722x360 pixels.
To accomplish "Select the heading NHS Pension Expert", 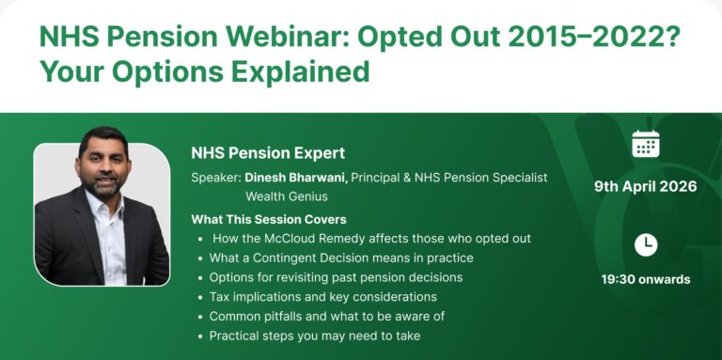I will [x=268, y=152].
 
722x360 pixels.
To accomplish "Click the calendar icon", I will [x=645, y=144].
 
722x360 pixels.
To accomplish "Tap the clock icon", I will [x=645, y=244].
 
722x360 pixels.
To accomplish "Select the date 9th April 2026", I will [x=645, y=186].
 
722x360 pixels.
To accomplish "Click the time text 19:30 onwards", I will [x=645, y=279].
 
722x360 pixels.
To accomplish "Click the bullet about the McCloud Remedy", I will [x=371, y=239].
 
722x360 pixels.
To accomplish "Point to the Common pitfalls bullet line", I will [x=326, y=316].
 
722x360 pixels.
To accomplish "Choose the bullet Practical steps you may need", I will [x=314, y=336].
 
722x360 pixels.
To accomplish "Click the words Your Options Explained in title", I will [x=204, y=71].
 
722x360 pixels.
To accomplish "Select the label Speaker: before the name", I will [x=216, y=178].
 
